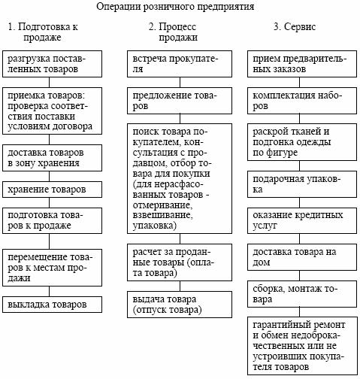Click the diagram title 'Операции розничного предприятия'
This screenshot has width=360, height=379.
(175, 7)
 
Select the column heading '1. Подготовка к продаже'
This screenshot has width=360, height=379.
(43, 32)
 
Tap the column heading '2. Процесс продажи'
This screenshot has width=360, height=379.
(173, 32)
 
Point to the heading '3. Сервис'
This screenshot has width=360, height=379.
(295, 26)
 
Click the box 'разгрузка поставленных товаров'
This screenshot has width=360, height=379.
(52, 64)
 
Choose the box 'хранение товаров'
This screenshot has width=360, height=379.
(52, 189)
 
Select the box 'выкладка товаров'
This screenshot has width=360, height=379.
(52, 305)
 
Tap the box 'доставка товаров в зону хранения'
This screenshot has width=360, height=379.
(52, 158)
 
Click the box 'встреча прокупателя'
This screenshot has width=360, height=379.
(180, 64)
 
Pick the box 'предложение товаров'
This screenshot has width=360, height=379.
(180, 101)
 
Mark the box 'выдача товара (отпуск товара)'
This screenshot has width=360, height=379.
(180, 305)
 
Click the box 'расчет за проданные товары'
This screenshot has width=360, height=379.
(180, 262)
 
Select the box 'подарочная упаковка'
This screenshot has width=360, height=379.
(302, 184)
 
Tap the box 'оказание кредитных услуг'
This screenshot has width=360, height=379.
(302, 220)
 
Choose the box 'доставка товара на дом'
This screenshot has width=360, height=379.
(302, 257)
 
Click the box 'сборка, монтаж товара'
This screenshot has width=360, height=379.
(302, 294)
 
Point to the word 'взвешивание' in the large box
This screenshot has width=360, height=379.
(162, 216)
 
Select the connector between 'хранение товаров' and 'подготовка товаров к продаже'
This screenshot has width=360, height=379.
(49, 203)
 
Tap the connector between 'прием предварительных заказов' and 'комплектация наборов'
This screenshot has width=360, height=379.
(299, 82)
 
